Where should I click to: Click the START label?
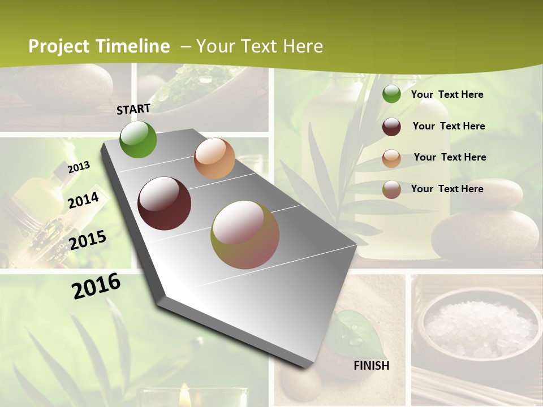click(133, 109)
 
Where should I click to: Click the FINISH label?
click(372, 366)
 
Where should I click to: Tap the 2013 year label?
click(79, 167)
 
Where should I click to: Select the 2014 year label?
click(83, 200)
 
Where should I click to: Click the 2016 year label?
click(96, 286)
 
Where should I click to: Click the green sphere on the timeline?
click(139, 140)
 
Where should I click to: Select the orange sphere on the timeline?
click(214, 158)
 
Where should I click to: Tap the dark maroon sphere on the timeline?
click(165, 203)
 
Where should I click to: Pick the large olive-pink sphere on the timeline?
click(245, 235)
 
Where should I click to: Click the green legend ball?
click(391, 94)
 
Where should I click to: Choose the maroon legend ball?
click(391, 127)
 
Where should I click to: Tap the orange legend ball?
click(391, 158)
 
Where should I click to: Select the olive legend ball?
click(391, 190)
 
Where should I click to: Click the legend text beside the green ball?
click(447, 94)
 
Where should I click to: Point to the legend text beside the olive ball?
click(447, 189)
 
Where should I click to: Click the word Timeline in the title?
click(133, 46)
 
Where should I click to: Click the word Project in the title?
click(59, 46)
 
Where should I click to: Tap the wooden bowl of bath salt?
click(478, 328)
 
